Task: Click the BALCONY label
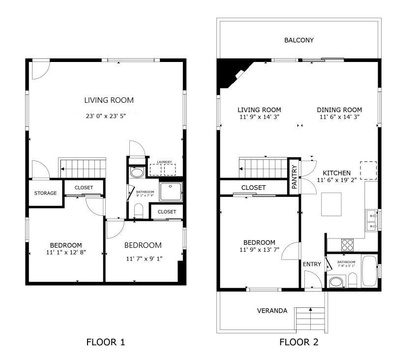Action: (x=299, y=40)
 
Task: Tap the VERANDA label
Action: (x=272, y=311)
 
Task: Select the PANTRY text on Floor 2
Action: (x=294, y=177)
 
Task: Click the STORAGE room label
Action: (x=45, y=193)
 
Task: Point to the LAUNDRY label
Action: (x=164, y=162)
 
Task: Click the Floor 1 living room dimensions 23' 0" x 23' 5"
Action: (x=106, y=116)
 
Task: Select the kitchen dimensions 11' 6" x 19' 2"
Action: (x=337, y=180)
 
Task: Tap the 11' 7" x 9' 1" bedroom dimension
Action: (x=144, y=258)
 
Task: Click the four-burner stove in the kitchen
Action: (x=347, y=245)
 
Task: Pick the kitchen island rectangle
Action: (x=331, y=204)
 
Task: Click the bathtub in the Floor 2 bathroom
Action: (x=369, y=271)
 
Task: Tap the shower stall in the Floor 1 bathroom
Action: (x=171, y=191)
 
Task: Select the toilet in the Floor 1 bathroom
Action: (x=138, y=211)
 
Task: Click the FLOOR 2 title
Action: (x=298, y=342)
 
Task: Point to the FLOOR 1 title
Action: (x=106, y=342)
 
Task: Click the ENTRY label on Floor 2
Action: (x=312, y=264)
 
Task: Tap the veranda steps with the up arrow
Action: (x=310, y=320)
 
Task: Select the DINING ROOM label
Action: (x=339, y=110)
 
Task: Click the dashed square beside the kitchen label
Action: (x=369, y=171)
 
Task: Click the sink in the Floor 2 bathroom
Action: (x=336, y=282)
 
